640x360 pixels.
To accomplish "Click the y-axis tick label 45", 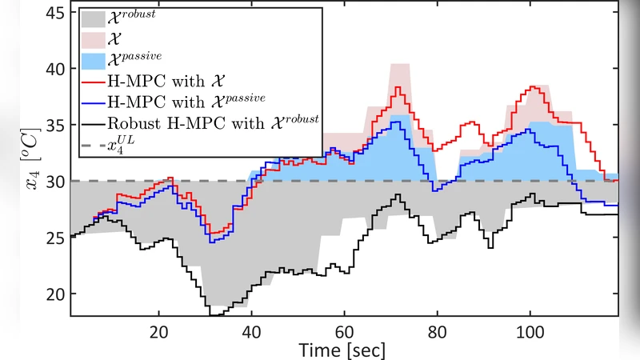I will pyautogui.click(x=54, y=13).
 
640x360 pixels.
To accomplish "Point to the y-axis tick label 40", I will pyautogui.click(x=54, y=69).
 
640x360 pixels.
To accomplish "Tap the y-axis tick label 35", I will pyautogui.click(x=54, y=125).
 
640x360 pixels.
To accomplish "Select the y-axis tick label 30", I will pyautogui.click(x=54, y=182).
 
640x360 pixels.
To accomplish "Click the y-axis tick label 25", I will pyautogui.click(x=54, y=238).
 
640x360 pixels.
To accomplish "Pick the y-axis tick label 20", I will pyautogui.click(x=54, y=294).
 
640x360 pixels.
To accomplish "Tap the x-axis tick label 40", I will pyautogui.click(x=252, y=330).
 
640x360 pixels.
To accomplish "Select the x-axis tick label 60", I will pyautogui.click(x=345, y=330).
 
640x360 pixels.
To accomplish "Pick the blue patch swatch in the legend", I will pyautogui.click(x=93, y=61).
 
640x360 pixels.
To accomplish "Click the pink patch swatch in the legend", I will pyautogui.click(x=93, y=41).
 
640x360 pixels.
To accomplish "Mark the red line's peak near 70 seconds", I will pyautogui.click(x=398, y=86).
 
